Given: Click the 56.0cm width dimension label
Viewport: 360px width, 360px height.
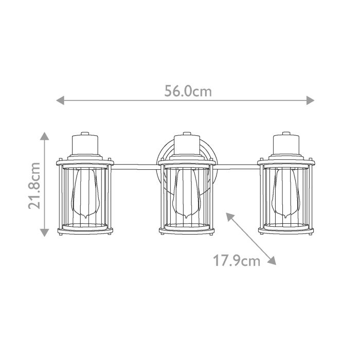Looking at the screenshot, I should tap(188, 91).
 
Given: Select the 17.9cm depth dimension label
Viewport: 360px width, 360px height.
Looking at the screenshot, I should tap(237, 261).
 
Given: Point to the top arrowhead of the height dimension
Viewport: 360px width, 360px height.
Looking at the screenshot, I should tap(45, 136).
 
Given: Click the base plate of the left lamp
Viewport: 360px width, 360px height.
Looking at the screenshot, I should tap(84, 230).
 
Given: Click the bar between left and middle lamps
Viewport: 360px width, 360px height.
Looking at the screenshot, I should tap(135, 166).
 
